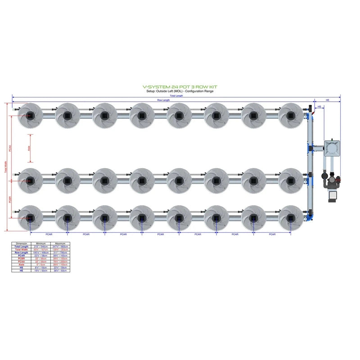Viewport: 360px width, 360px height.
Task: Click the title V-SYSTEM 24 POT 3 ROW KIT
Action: click(x=180, y=88)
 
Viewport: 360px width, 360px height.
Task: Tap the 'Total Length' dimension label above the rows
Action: click(x=176, y=96)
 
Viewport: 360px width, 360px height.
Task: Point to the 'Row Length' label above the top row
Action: click(x=163, y=100)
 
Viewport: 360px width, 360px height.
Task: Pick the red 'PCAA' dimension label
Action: click(x=11, y=148)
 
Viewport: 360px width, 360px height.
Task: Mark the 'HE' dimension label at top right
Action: click(x=327, y=100)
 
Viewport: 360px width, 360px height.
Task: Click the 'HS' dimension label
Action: click(x=319, y=107)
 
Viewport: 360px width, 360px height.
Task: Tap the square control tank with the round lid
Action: click(x=332, y=148)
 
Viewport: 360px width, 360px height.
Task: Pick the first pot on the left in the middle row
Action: click(x=30, y=180)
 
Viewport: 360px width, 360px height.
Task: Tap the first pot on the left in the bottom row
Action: click(x=30, y=218)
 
